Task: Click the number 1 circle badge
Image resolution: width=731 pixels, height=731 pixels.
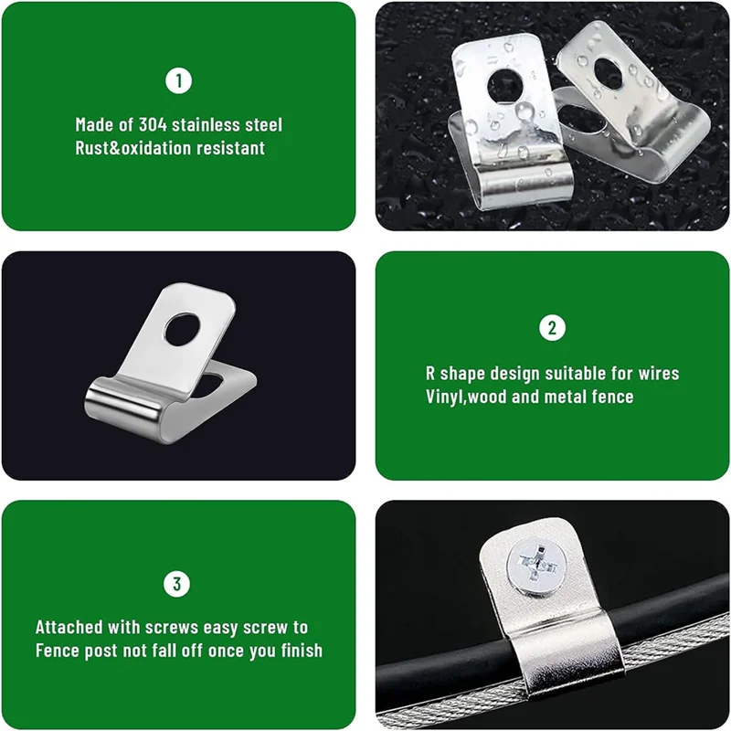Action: pyautogui.click(x=178, y=80)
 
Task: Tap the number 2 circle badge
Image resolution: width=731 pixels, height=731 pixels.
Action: pyautogui.click(x=553, y=328)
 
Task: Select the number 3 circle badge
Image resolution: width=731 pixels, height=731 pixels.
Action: pyautogui.click(x=176, y=584)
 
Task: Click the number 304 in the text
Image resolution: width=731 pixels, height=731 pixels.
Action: pyautogui.click(x=153, y=125)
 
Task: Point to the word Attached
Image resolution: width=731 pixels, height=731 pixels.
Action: pyautogui.click(x=69, y=628)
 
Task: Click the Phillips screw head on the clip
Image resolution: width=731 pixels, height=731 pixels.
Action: pyautogui.click(x=537, y=567)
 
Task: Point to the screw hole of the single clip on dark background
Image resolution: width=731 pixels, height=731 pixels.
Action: pyautogui.click(x=182, y=329)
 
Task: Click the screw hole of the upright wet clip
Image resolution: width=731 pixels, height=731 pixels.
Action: pyautogui.click(x=505, y=86)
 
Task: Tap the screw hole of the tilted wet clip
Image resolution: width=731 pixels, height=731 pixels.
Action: pyautogui.click(x=609, y=74)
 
